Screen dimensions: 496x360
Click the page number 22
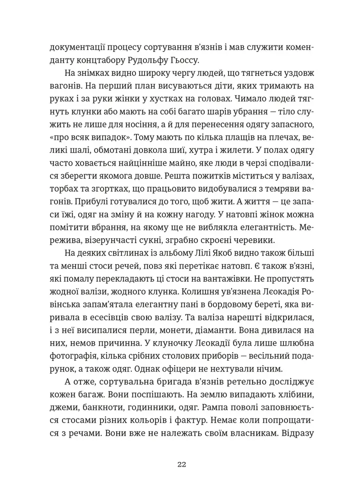(x=181, y=464)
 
